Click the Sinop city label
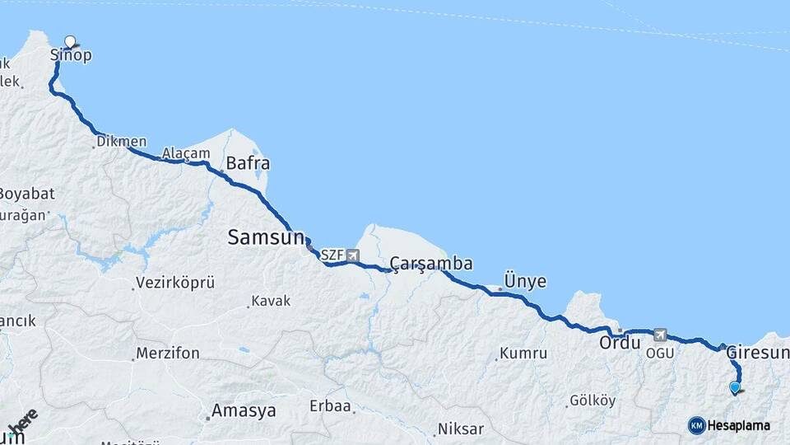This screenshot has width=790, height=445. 71,56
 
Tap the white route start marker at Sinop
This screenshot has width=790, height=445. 70,40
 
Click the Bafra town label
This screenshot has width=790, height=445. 248,163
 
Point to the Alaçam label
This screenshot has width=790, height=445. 180,153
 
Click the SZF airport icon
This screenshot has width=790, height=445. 353,255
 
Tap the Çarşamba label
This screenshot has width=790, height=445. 431,264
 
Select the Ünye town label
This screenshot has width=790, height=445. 524,281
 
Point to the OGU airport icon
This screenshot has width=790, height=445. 660,335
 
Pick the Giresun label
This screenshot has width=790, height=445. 758,353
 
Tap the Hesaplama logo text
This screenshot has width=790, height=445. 738,426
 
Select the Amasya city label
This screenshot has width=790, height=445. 244,410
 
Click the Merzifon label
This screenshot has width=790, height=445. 168,354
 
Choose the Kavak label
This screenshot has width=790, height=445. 271,301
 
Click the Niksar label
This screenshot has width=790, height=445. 461,429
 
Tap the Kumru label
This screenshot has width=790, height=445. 527,354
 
